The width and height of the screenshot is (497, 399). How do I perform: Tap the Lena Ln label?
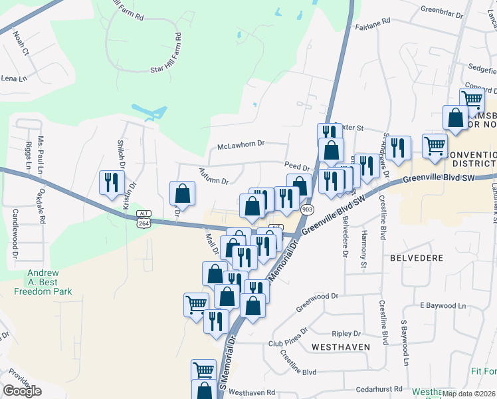click(13, 78)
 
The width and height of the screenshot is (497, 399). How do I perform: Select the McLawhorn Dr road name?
click(241, 144)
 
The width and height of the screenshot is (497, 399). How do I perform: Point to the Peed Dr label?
click(297, 168)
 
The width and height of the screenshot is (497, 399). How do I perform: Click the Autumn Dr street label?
click(213, 176)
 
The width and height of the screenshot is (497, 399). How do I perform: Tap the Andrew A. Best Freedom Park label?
click(50, 282)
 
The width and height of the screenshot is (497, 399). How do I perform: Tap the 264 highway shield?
click(144, 224)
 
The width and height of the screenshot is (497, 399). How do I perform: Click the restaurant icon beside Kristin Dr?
click(111, 182)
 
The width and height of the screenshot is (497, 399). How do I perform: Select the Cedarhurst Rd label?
click(379, 388)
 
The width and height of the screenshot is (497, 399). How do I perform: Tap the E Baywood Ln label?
click(443, 305)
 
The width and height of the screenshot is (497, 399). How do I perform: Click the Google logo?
click(23, 391)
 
